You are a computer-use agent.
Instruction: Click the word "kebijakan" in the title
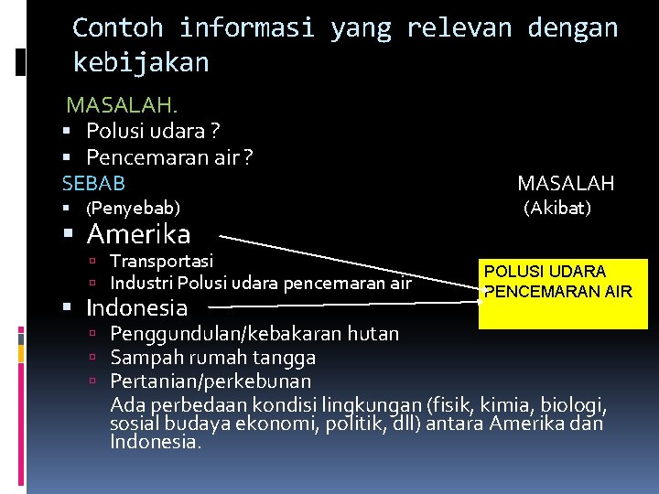(x=141, y=62)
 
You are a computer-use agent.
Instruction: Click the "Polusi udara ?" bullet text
(x=153, y=132)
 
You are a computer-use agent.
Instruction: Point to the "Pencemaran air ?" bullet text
(x=169, y=157)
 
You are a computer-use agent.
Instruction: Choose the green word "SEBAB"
(x=93, y=184)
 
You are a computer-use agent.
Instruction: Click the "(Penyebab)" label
(x=133, y=209)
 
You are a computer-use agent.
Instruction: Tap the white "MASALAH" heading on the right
(x=566, y=184)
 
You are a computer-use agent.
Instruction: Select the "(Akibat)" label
(x=557, y=209)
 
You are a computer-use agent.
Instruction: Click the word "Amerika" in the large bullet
(x=138, y=234)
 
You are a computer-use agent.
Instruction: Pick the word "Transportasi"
(x=162, y=262)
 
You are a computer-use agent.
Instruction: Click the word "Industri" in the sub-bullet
(x=142, y=284)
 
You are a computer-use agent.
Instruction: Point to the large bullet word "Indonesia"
(x=137, y=307)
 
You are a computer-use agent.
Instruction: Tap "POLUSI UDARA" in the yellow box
(x=545, y=272)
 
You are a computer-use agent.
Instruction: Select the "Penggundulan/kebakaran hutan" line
(x=254, y=333)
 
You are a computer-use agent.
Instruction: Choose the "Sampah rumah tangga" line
(x=213, y=357)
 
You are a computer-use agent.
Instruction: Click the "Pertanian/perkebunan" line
(x=211, y=381)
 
